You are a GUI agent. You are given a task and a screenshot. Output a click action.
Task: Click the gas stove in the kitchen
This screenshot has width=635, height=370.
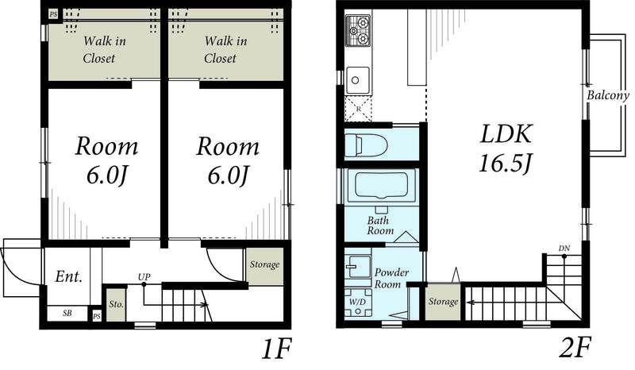(358, 31)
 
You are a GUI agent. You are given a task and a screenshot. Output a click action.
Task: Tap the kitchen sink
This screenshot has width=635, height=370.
(358, 81)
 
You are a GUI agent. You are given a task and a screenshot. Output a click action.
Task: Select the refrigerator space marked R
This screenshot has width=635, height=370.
(358, 109)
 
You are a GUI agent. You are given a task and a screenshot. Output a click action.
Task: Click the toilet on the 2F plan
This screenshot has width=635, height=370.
(366, 145)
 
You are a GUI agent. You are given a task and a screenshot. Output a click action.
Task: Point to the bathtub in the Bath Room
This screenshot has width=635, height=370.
(381, 185)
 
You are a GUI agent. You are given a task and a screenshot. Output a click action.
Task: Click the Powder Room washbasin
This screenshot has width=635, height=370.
(359, 266)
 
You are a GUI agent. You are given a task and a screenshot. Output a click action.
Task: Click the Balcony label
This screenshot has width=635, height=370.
(608, 95)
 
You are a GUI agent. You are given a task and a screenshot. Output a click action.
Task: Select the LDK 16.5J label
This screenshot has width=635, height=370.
(506, 148)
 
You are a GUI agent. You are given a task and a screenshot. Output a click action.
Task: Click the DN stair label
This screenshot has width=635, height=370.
(564, 248)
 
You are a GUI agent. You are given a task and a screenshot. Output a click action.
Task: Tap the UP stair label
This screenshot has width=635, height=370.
(144, 277)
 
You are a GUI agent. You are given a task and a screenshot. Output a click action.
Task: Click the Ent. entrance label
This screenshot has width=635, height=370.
(68, 277)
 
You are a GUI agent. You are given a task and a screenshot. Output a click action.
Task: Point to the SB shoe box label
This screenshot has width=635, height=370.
(67, 314)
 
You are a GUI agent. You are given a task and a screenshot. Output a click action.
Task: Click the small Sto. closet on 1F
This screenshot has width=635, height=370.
(116, 304)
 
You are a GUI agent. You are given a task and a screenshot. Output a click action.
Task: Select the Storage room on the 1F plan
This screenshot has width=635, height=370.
(264, 266)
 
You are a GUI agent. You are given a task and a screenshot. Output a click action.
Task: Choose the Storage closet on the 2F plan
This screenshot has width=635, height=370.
(443, 302)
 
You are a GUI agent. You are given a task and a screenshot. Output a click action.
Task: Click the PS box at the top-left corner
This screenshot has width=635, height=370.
(53, 14)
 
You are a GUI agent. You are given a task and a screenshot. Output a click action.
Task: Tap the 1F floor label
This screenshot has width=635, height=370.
(276, 349)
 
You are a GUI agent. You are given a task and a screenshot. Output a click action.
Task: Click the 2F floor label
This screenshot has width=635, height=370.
(575, 348)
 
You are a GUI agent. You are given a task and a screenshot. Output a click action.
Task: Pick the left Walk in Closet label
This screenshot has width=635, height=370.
(104, 49)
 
